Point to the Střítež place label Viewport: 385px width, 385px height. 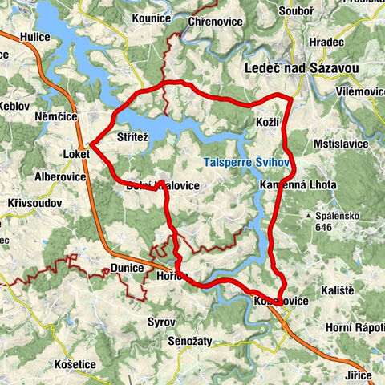(x=132, y=138)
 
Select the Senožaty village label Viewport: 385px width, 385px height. (x=190, y=341)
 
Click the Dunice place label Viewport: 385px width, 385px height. (x=128, y=268)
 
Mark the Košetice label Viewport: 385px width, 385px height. (x=75, y=364)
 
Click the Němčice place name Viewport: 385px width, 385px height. (x=55, y=116)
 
